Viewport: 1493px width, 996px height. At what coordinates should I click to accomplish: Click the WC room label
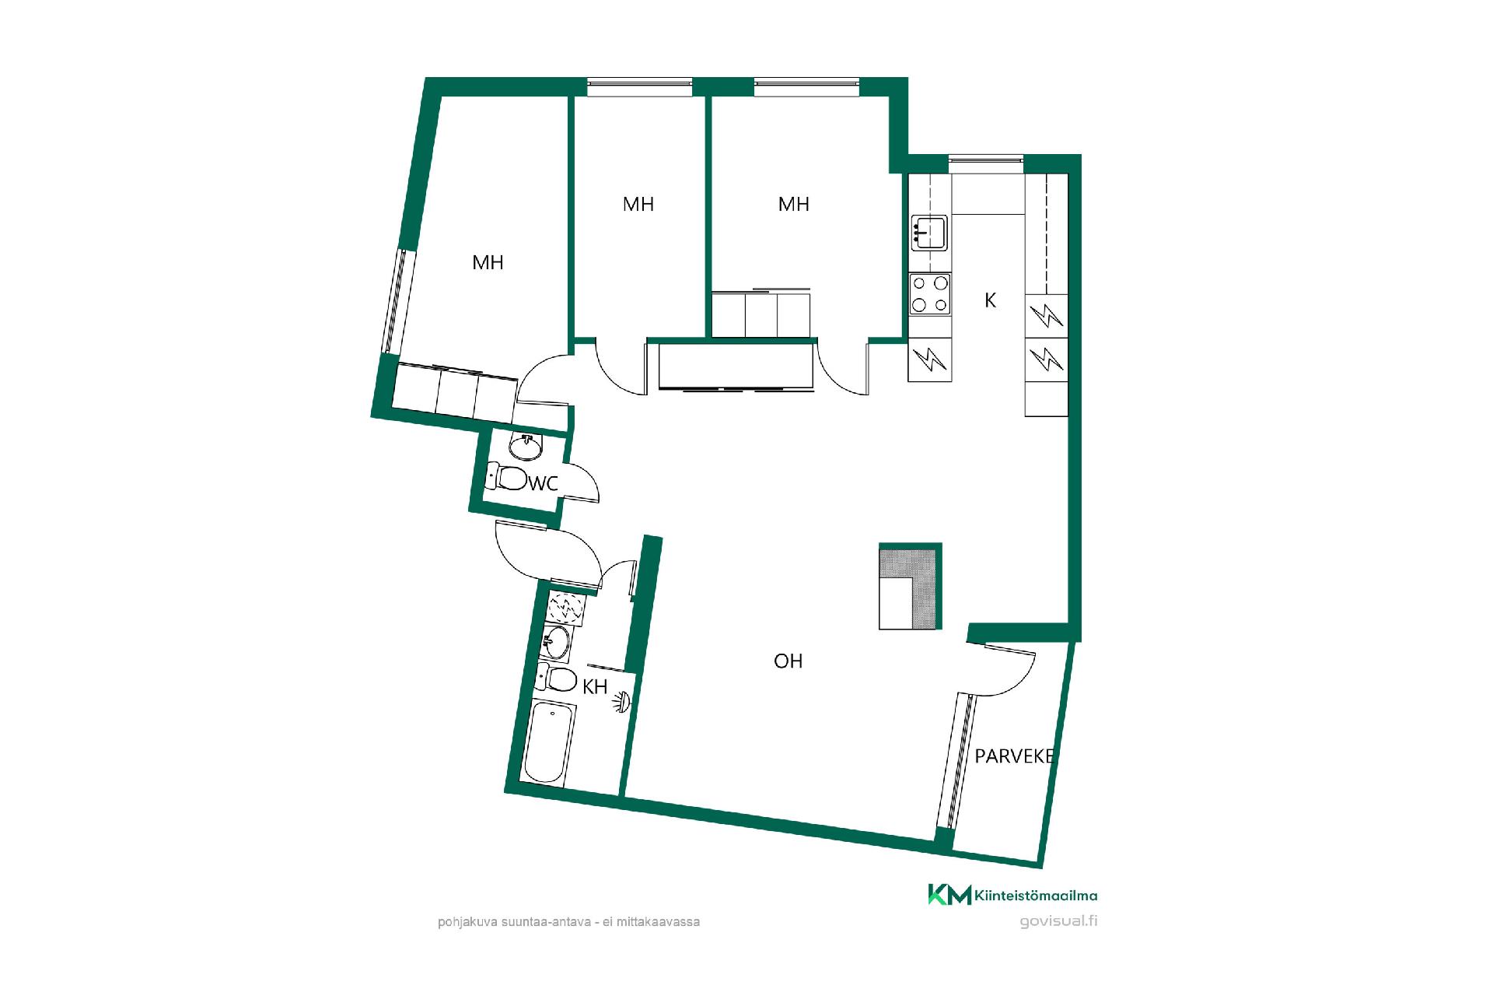(543, 483)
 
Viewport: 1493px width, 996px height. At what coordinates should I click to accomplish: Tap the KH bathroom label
(595, 686)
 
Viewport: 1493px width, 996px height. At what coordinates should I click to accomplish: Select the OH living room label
(788, 661)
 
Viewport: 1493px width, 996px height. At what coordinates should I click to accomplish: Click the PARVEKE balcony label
(1015, 756)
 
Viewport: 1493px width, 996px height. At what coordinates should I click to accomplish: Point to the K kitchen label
(990, 300)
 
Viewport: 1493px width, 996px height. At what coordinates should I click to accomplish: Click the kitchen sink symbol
(929, 232)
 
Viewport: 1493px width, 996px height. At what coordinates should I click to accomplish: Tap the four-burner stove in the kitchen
(930, 294)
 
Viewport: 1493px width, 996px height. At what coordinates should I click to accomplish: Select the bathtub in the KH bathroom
(550, 742)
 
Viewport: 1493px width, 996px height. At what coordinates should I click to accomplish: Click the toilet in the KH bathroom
(556, 679)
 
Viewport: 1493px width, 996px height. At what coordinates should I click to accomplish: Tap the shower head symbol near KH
(623, 703)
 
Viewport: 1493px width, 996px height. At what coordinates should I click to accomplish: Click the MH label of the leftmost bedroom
(488, 263)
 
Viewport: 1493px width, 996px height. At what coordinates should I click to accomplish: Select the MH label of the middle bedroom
(638, 204)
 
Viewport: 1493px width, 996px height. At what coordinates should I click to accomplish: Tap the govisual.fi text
(1058, 921)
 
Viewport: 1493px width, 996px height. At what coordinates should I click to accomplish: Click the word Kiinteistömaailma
(1036, 896)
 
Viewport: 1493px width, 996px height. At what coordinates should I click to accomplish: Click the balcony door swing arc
(1016, 679)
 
